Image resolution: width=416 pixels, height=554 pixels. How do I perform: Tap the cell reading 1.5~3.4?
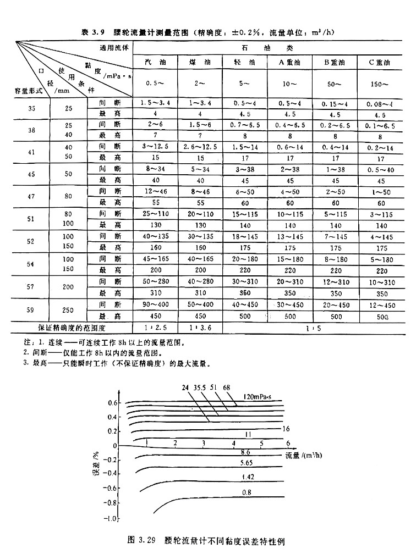155,103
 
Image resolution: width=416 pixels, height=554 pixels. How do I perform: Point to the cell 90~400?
155,303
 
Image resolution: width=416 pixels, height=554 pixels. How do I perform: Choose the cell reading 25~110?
155,213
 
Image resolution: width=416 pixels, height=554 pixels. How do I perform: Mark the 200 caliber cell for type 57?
68,287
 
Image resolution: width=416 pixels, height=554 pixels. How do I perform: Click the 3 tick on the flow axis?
204,442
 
